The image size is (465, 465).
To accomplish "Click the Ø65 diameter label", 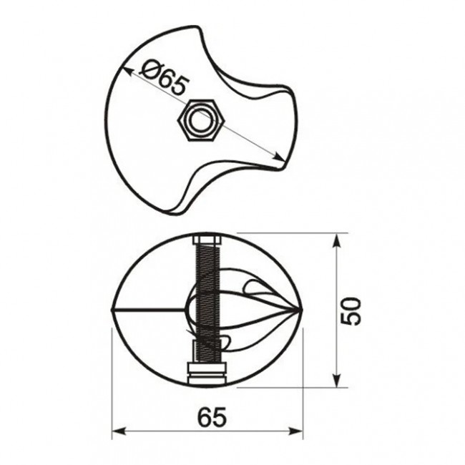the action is (x=165, y=78).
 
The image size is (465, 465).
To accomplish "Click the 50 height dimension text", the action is (x=351, y=311).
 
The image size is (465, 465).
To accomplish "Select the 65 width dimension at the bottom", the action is (x=212, y=417).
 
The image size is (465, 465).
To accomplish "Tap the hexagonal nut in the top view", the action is (x=201, y=121).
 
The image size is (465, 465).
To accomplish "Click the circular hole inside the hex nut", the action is (x=201, y=121).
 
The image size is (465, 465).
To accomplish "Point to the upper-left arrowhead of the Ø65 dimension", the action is (x=125, y=72).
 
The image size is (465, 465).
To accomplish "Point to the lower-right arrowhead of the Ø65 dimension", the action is (x=279, y=157).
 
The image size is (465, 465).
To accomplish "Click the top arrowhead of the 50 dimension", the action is (x=336, y=241).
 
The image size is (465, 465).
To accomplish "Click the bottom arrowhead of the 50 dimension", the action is (x=336, y=380).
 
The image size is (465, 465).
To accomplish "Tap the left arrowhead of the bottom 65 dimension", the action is (x=119, y=431).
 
